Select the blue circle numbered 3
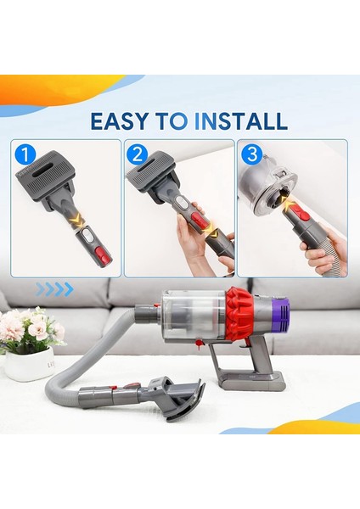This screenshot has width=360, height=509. (250, 155)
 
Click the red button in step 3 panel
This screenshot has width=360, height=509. (303, 219)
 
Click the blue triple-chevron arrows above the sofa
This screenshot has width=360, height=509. (55, 290)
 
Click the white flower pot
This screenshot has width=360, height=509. (29, 363)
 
